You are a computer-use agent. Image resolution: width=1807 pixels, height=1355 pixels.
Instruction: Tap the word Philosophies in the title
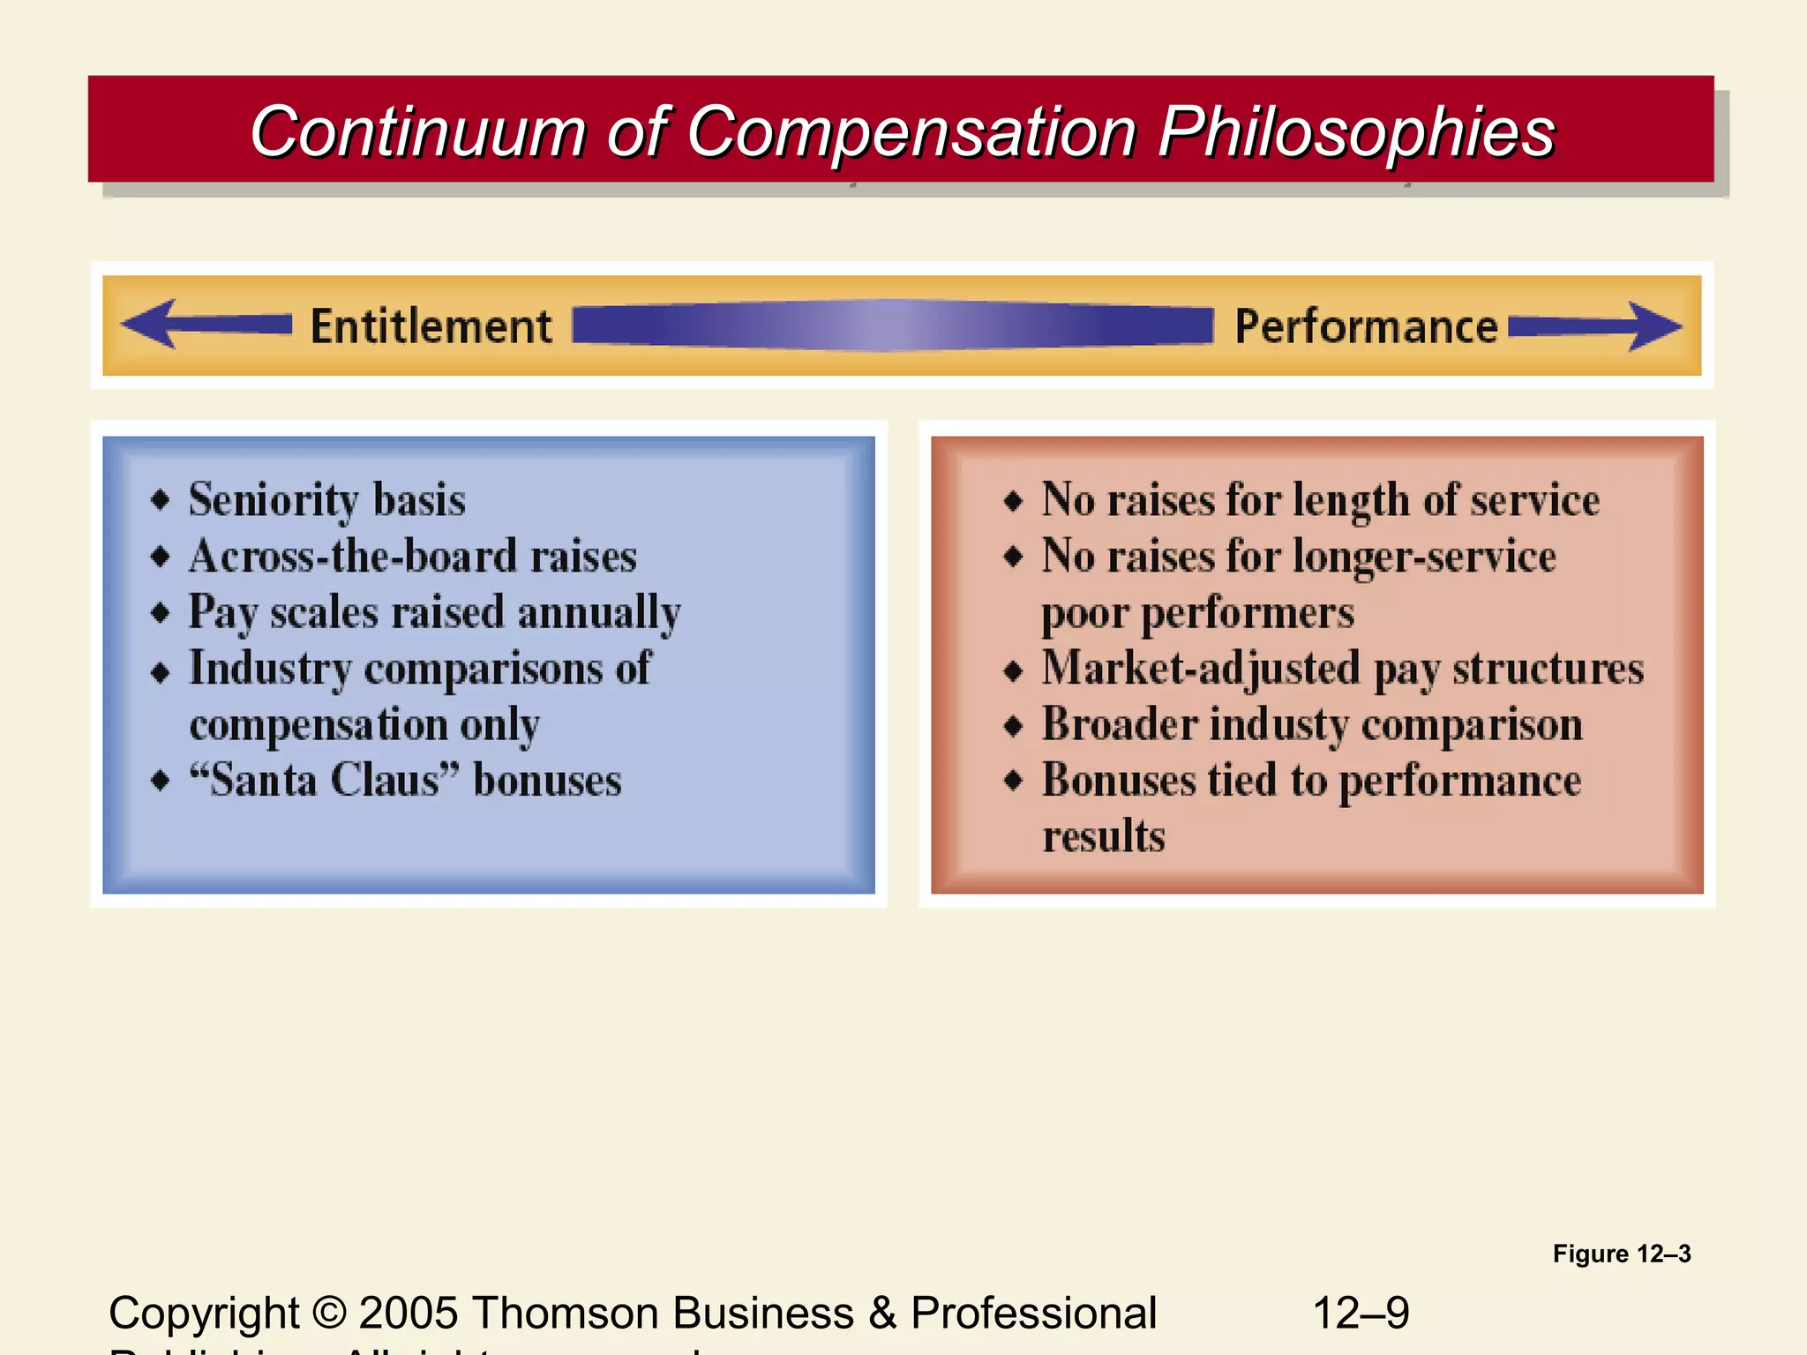click(x=1356, y=132)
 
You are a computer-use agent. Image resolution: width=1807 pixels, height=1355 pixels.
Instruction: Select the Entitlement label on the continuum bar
click(x=431, y=326)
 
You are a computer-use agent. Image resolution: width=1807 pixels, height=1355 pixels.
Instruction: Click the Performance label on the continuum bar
click(x=1365, y=326)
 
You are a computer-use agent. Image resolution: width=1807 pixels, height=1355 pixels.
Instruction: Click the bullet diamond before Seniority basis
click(x=161, y=500)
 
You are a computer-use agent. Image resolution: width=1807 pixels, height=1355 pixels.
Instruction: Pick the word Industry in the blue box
click(x=270, y=669)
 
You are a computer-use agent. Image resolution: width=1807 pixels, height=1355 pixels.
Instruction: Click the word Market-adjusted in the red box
click(x=1200, y=669)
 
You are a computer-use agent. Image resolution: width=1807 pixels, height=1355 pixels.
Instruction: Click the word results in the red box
click(x=1104, y=836)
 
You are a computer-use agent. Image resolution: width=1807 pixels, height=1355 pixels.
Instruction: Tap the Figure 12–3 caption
click(x=1621, y=1254)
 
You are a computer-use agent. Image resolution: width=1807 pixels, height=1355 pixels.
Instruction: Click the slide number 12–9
click(x=1361, y=1313)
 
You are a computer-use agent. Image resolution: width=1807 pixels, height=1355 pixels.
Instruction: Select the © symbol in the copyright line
click(x=328, y=1313)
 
